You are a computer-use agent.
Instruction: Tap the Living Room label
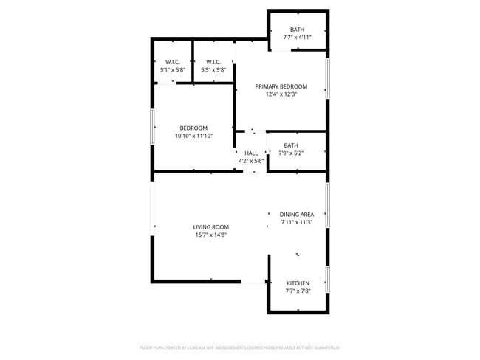coord(210,227)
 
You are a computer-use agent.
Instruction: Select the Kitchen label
coord(298,283)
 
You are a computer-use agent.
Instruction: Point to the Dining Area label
coord(297,214)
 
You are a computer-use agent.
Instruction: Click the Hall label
coord(251,153)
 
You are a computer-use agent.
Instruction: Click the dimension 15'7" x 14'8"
coord(210,235)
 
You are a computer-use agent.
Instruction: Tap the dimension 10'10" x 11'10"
coord(193,136)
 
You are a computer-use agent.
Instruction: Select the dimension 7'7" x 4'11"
coord(297,38)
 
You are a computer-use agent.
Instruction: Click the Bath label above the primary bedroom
coord(297,30)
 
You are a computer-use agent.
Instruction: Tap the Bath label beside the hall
coord(291,145)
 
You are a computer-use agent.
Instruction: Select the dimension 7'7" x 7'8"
coord(298,291)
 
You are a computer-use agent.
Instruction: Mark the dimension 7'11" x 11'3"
coord(297,222)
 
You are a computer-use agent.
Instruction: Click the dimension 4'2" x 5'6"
coord(251,161)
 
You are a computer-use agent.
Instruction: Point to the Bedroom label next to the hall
coord(193,128)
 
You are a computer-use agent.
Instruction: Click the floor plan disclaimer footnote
coord(239,347)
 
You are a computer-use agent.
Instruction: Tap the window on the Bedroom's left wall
coord(153,127)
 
